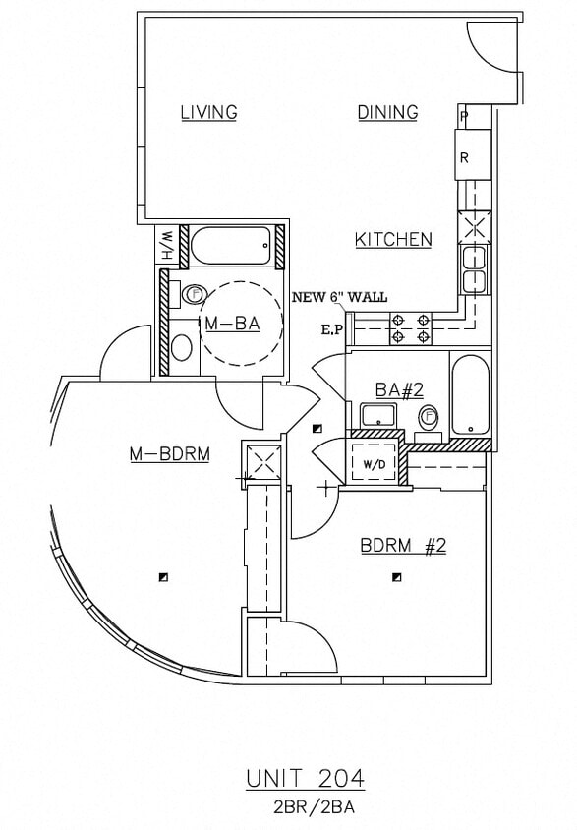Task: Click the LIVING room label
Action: (208, 112)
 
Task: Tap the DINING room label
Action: (387, 112)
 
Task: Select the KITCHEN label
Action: (393, 239)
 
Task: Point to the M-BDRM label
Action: (170, 453)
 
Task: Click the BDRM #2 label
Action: (403, 545)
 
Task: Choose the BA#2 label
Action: (399, 389)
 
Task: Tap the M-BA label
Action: (232, 324)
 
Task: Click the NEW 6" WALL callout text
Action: (340, 297)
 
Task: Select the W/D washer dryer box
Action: (375, 462)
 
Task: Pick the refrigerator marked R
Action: (465, 156)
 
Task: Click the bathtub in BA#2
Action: (469, 395)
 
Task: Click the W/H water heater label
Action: (167, 244)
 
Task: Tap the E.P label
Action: (330, 329)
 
